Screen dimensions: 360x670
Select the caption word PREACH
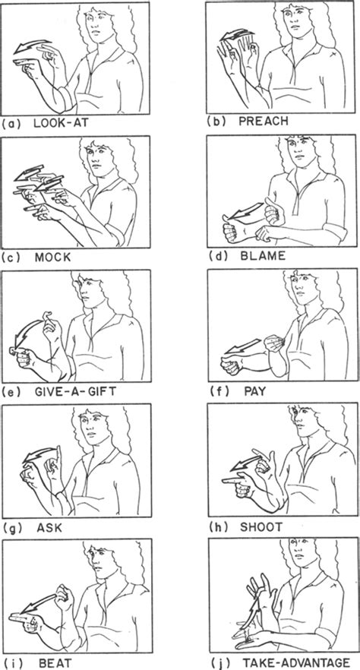tap(263, 121)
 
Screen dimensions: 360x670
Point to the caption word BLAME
tap(262, 257)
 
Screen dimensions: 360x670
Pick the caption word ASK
tap(49, 527)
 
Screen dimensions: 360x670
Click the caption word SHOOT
tap(261, 527)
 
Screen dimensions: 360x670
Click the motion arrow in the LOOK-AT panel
tap(33, 46)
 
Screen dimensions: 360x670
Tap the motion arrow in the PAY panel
tap(242, 346)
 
